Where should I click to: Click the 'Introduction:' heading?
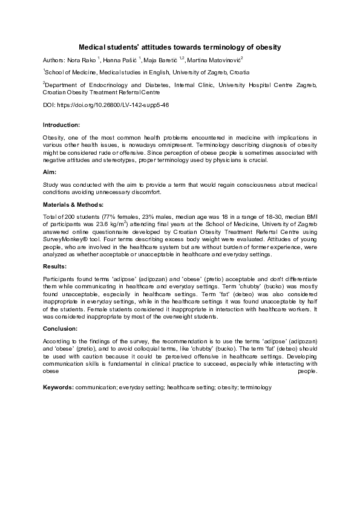coord(61,125)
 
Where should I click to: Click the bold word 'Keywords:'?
coord(58,386)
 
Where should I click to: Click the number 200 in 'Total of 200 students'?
coord(68,216)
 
